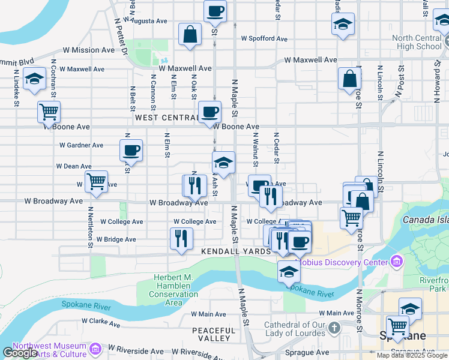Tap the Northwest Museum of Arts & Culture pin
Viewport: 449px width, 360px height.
[x=94, y=349]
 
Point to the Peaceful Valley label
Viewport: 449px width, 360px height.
[x=214, y=335]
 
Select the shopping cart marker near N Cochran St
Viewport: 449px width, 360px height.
[x=49, y=112]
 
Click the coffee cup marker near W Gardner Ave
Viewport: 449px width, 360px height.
[x=131, y=151]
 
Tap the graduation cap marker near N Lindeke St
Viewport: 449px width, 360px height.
[x=34, y=79]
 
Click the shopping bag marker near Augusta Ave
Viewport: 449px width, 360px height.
[x=190, y=34]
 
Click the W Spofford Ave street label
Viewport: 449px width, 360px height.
[x=264, y=38]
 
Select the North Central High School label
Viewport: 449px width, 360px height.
[x=417, y=42]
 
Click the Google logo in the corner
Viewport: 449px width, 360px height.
[x=20, y=353]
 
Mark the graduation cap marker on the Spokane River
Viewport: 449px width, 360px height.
[x=289, y=272]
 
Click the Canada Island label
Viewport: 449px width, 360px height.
[x=426, y=220]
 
